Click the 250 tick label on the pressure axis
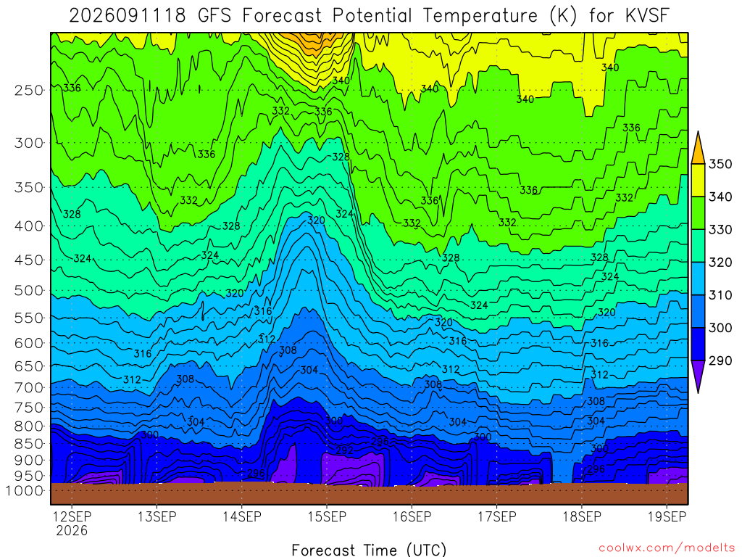(28, 91)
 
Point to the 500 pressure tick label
(28, 291)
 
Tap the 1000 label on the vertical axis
(25, 491)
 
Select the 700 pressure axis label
(28, 388)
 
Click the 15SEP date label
(327, 516)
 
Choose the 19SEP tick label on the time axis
(667, 516)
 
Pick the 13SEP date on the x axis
(157, 516)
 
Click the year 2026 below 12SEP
(72, 530)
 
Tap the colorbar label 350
(720, 165)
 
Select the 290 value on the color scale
(720, 361)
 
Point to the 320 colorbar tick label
(720, 263)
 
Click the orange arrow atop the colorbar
(698, 148)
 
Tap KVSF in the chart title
(647, 16)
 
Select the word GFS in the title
(214, 16)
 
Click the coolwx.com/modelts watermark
(667, 548)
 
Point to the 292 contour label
(344, 450)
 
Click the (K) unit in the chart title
(563, 16)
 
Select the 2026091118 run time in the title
(128, 16)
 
